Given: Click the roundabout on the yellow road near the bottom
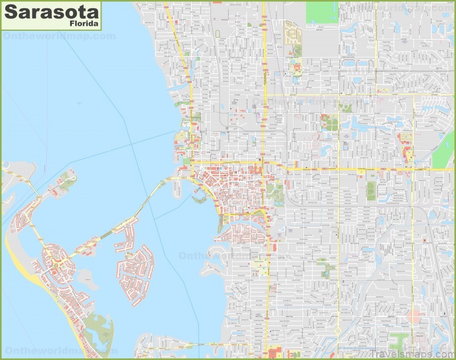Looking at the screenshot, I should tap(337, 330).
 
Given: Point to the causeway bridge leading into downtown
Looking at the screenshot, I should tap(137, 205).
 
